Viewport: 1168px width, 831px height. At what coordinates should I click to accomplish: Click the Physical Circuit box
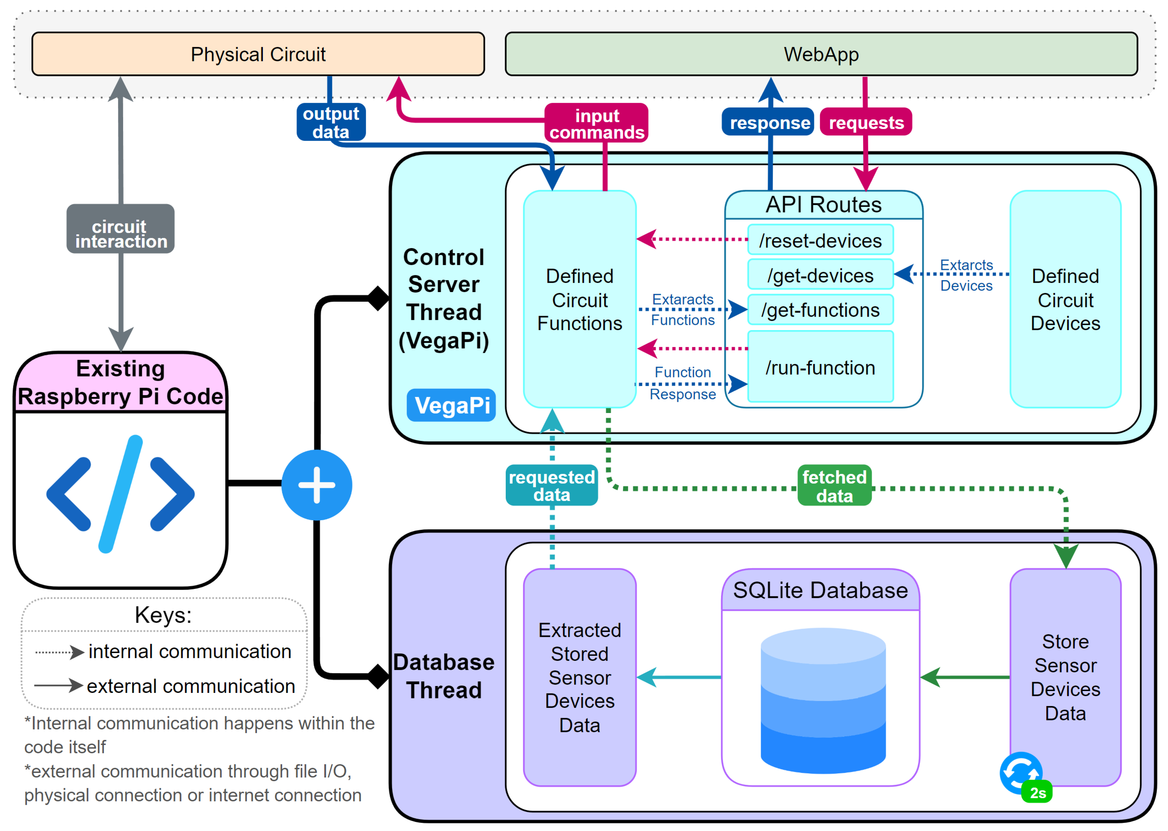[258, 54]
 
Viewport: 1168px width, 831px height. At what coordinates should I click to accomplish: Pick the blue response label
[768, 122]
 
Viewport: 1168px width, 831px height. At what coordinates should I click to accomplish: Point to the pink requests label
[866, 122]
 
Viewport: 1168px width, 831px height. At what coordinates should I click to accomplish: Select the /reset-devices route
[820, 240]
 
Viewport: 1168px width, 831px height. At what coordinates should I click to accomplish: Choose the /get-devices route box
[820, 275]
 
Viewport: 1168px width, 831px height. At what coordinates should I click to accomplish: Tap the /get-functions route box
[820, 310]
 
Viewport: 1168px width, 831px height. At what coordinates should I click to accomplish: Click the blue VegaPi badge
[451, 405]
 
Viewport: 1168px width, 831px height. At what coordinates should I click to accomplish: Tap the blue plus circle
[317, 485]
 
